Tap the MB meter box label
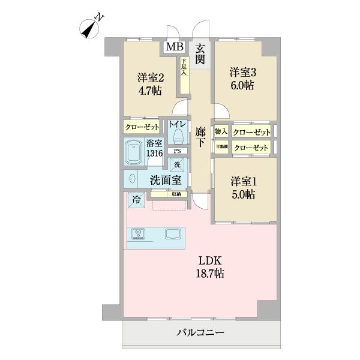coord(175,47)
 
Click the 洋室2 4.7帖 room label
coord(149,84)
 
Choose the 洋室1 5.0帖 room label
coord(244,187)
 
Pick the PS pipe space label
coord(177,151)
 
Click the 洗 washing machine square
coord(177,164)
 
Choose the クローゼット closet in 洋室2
coord(142,127)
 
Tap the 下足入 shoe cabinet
coord(183,67)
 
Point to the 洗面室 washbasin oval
coord(131,178)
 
